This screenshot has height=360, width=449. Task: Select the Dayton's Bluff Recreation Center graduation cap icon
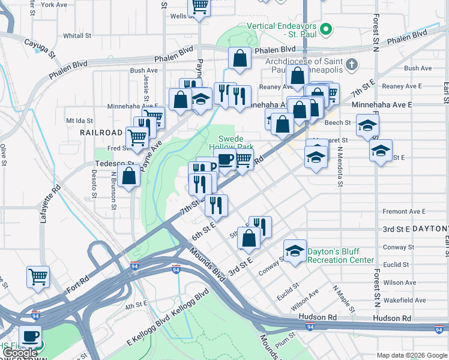tap(295, 251)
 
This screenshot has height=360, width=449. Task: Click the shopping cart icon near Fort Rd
tap(38, 277)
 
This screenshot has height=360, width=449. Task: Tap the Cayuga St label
tap(40, 47)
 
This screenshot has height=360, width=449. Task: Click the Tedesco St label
tap(113, 163)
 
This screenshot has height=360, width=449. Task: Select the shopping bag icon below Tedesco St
tap(130, 177)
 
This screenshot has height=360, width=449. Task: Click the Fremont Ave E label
tap(404, 212)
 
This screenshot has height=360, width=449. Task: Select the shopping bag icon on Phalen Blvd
tap(240, 59)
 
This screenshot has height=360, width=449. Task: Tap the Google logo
tap(19, 353)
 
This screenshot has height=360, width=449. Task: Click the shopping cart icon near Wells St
tap(199, 8)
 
